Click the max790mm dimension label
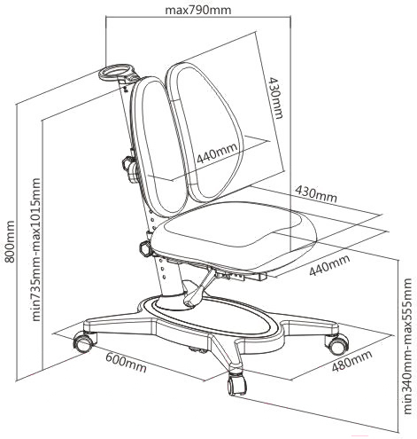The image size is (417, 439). point(197,10)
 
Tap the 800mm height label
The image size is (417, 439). point(10,241)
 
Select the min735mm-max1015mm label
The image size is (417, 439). point(35,249)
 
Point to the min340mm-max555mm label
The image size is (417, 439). point(407,346)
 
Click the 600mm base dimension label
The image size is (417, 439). point(126,363)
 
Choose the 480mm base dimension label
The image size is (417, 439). point(351,361)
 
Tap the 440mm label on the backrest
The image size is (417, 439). point(217,153)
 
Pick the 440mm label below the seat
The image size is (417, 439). point(329,265)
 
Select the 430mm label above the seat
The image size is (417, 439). point(316,193)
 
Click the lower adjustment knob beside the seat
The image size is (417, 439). point(145,248)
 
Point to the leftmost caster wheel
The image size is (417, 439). point(84,341)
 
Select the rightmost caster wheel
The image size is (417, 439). point(338,344)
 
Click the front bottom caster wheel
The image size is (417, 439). point(236,384)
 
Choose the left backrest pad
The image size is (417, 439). point(159,148)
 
